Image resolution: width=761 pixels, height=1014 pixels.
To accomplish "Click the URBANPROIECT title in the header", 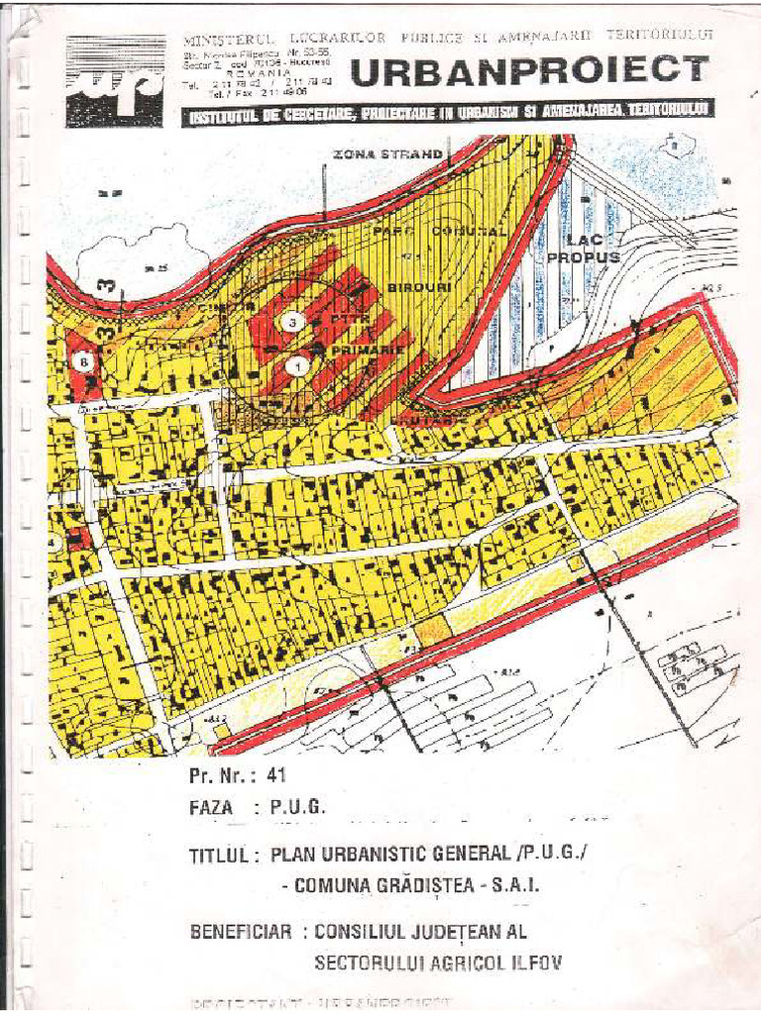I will pos(529,70).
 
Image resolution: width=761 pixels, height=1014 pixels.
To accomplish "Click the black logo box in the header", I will pos(115,81).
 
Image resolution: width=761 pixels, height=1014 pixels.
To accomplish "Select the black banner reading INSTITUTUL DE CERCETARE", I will pos(449,114).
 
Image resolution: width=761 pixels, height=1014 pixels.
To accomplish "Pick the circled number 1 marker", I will pos(296,365).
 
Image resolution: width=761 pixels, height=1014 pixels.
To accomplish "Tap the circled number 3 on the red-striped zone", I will pos(292,322).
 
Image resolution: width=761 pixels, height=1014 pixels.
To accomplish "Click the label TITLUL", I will pos(224,857).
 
